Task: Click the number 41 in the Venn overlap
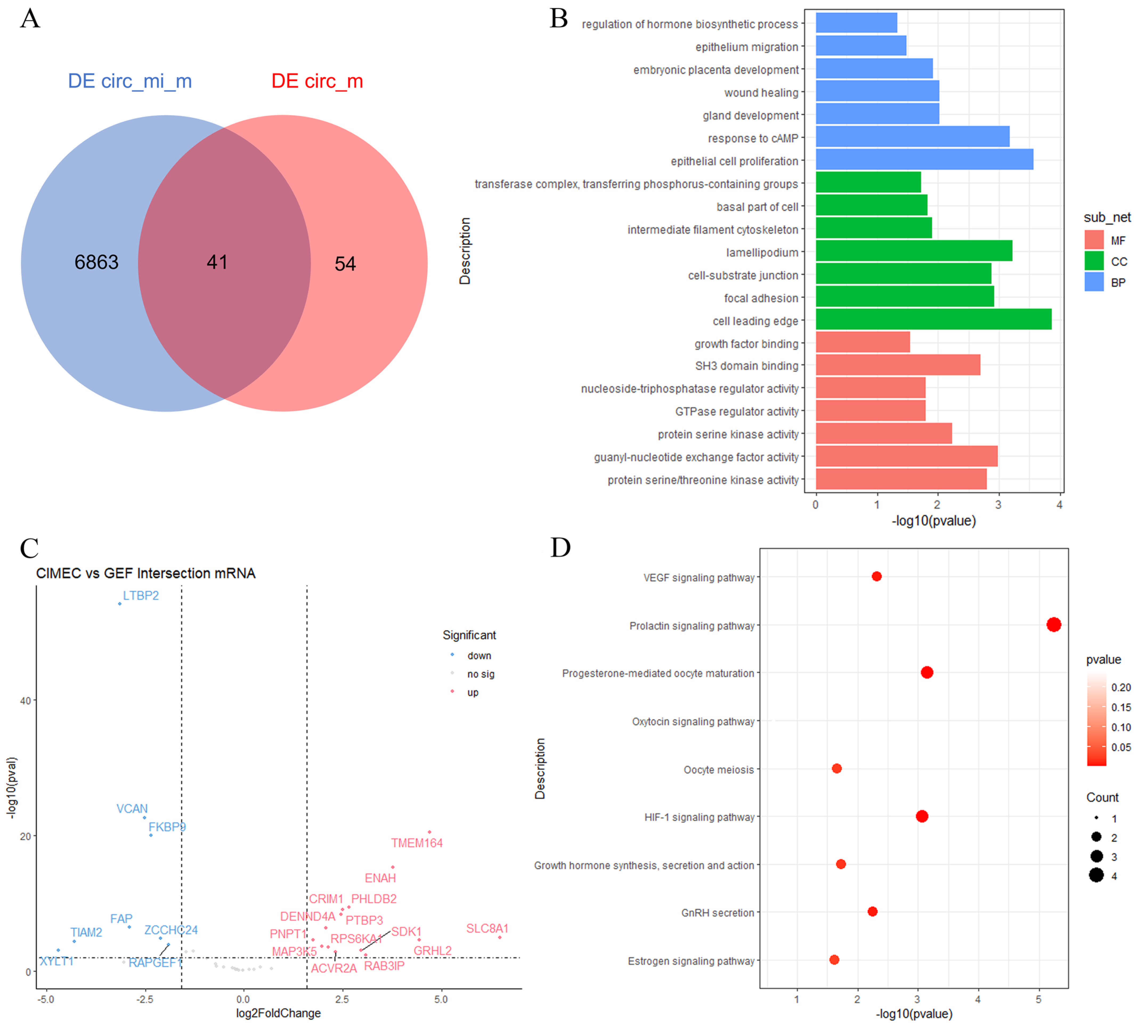tap(217, 262)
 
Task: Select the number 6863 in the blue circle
tap(96, 262)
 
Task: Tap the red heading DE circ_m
tap(317, 81)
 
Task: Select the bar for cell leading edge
tap(933, 319)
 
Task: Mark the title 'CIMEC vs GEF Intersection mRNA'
tap(145, 573)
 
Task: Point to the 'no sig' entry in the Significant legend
tap(480, 674)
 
